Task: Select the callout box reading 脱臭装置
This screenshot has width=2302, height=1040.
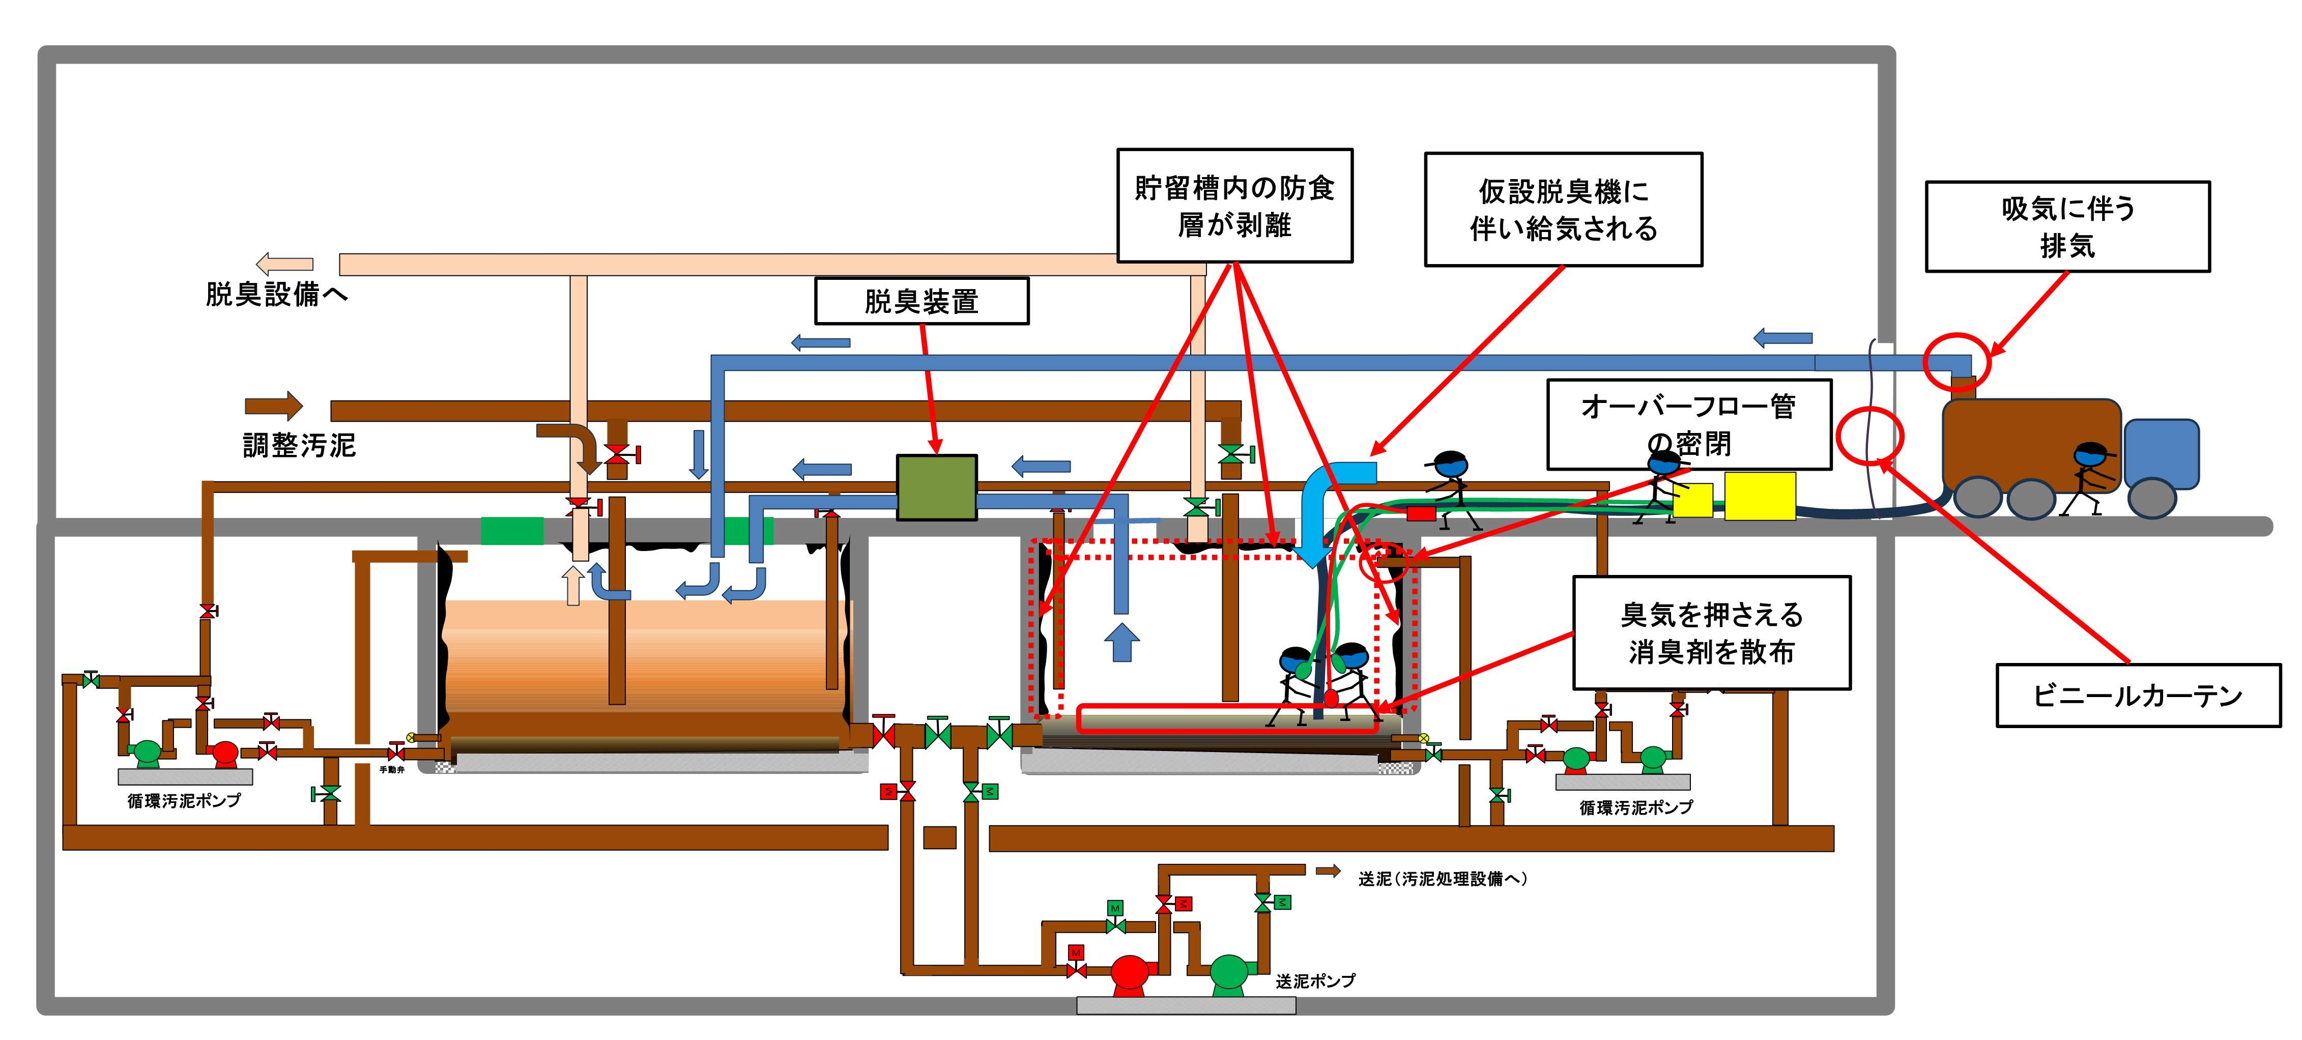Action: tap(922, 301)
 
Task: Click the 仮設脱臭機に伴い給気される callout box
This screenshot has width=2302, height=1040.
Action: tap(1563, 209)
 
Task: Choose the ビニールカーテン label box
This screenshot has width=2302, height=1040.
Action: tap(2138, 695)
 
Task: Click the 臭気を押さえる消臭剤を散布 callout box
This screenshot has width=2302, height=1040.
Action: tap(1711, 632)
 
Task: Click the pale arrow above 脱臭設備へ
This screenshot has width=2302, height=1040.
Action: tap(284, 264)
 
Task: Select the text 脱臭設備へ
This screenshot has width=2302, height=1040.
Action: tap(276, 294)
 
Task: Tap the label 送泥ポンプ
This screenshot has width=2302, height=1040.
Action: tap(1314, 981)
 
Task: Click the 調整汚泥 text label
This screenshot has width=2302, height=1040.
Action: tap(299, 445)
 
